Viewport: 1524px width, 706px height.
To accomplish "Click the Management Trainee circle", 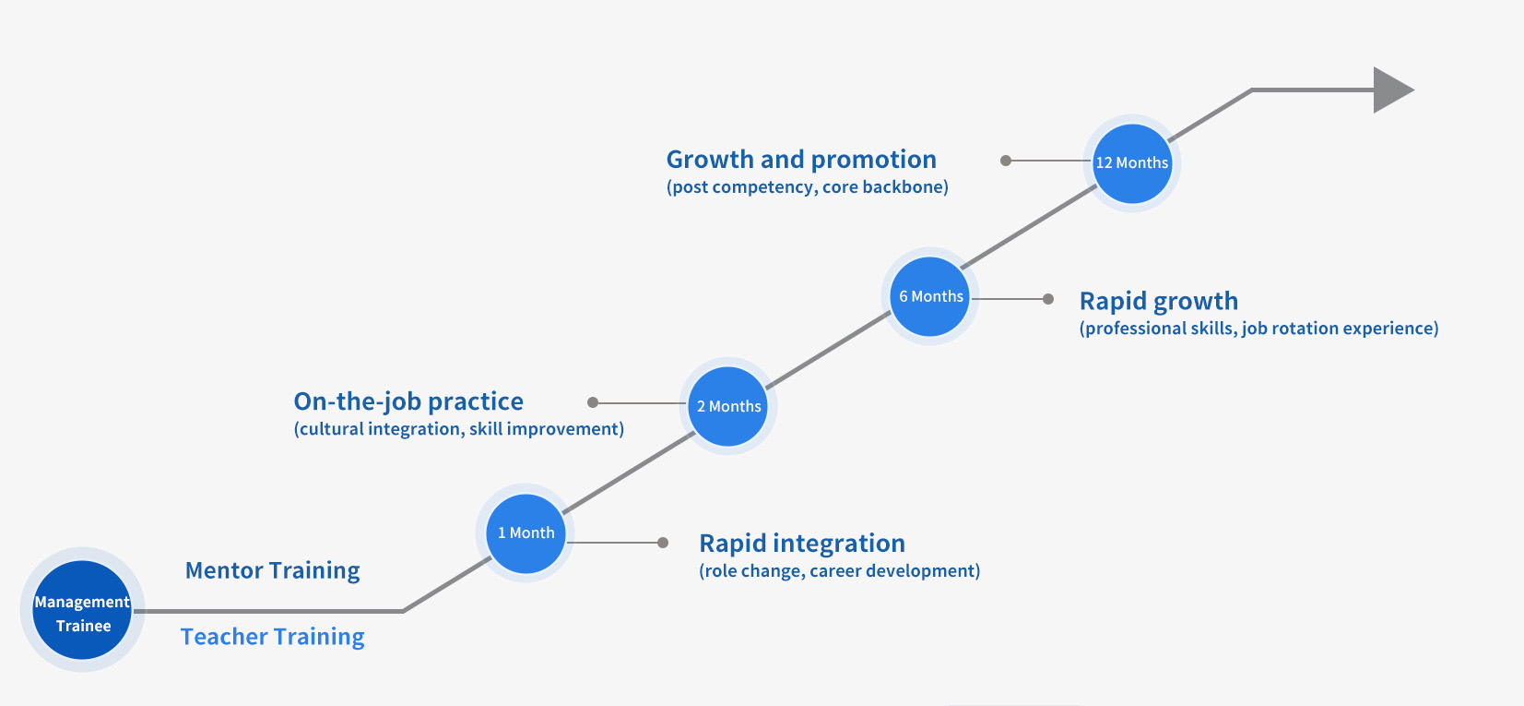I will tap(82, 610).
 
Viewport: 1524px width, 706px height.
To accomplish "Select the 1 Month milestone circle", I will tap(526, 533).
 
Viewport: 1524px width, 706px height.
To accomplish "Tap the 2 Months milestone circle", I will tap(728, 406).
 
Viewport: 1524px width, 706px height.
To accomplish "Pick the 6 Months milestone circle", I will tap(930, 296).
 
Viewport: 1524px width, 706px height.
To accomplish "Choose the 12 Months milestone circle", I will tap(1131, 163).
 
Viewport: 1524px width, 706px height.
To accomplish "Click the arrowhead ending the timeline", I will tap(1391, 90).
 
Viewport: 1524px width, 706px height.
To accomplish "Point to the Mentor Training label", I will tap(272, 570).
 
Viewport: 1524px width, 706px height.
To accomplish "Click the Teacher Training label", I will tap(272, 637).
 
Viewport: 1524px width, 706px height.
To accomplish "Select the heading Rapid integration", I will tap(801, 543).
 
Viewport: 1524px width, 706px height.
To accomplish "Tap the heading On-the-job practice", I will tap(408, 401).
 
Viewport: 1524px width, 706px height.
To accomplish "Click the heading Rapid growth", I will tap(1158, 301).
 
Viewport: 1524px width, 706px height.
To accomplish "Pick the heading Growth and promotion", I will tap(801, 160).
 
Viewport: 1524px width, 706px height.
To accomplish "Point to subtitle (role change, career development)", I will tap(839, 571).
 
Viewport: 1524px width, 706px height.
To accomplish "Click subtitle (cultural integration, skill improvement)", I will tap(458, 429).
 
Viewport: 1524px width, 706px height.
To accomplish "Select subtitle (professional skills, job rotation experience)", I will tap(1258, 329).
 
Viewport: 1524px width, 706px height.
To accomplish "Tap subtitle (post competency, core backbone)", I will tap(807, 187).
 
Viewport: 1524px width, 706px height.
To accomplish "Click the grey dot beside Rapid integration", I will tap(663, 543).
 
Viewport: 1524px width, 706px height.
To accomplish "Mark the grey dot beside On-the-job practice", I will tap(593, 402).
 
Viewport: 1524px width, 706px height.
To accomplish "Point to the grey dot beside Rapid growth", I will tap(1048, 299).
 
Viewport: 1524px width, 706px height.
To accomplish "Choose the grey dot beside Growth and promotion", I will tap(1006, 161).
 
